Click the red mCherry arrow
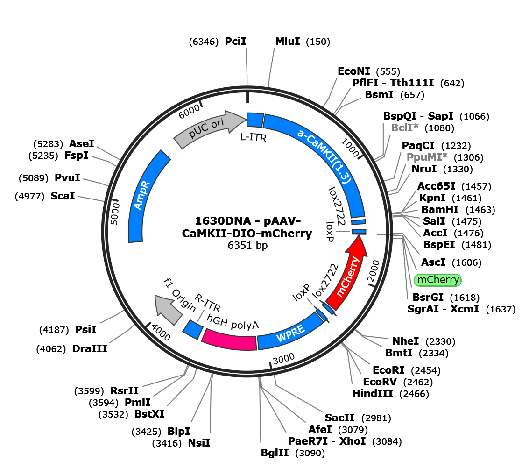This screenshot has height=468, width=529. point(348,276)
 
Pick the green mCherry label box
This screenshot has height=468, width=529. point(437,280)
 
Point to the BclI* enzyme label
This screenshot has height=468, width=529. point(404,128)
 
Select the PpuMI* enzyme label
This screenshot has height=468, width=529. point(427,157)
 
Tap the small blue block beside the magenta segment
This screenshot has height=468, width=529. point(192,329)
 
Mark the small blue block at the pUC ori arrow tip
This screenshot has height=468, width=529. point(254,120)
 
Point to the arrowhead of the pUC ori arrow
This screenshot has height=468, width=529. point(236,121)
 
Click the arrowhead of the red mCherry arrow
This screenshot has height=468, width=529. point(357,246)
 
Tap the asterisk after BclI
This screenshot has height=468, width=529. point(416,127)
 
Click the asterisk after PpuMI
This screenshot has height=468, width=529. point(444,156)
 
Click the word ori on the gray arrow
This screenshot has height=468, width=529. point(218,125)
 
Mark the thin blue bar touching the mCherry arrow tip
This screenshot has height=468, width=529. point(359,232)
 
